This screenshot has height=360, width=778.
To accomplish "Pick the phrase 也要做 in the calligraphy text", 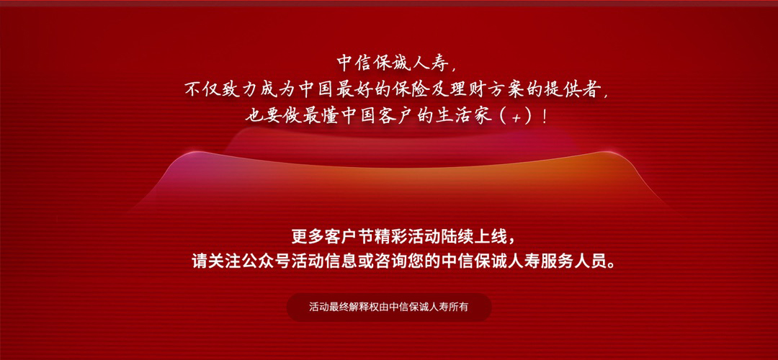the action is pos(271,117).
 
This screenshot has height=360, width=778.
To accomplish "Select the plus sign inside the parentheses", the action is pos(516,119).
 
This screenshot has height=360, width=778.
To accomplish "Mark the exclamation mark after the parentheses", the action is pos(545,117).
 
